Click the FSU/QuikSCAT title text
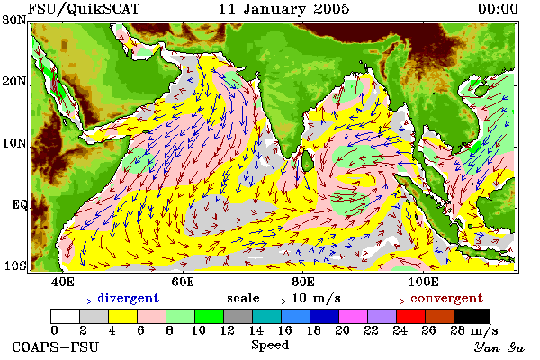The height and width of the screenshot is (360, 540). tap(84, 9)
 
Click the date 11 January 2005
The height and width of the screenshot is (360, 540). tap(283, 9)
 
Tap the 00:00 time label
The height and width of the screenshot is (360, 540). tap(498, 9)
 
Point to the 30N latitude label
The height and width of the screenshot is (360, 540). tap(14, 21)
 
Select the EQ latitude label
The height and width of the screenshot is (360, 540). tap(19, 205)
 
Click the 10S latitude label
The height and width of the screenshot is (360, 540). tap(14, 266)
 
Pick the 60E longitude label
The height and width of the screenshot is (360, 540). tap(183, 282)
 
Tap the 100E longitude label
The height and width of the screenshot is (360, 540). tap(423, 282)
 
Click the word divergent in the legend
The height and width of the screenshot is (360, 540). tap(128, 298)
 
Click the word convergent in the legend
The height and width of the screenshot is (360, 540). tap(446, 298)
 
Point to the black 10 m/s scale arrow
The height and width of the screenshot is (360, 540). tap(275, 301)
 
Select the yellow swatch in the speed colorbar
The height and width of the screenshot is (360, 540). tap(122, 316)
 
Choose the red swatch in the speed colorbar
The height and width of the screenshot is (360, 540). tap(410, 316)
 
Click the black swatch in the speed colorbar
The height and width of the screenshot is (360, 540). tap(472, 316)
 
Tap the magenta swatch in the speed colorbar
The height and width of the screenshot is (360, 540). tap(353, 316)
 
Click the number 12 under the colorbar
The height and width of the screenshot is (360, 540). tap(228, 330)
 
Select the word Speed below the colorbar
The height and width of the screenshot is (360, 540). tap(270, 346)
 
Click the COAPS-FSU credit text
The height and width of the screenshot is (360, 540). tap(55, 346)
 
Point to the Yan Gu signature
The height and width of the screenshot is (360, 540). tap(499, 347)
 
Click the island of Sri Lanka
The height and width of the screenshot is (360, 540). tap(308, 161)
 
